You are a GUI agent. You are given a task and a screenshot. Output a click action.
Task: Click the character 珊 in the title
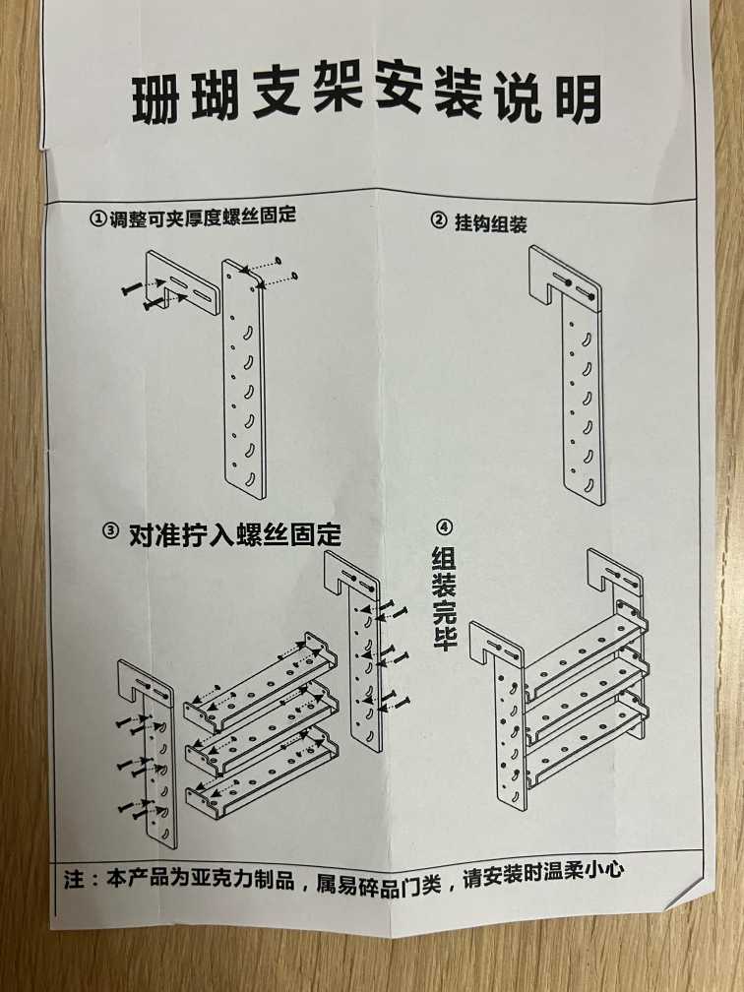(x=156, y=99)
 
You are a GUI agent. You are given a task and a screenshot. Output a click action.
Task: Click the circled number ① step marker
(x=97, y=219)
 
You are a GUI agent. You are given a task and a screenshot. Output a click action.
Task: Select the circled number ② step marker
(x=439, y=219)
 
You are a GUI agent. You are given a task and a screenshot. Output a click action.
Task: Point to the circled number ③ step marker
(x=110, y=530)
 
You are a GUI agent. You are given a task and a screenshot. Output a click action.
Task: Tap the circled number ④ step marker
(x=445, y=527)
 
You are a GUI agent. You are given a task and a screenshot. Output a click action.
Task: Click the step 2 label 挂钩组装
(x=490, y=222)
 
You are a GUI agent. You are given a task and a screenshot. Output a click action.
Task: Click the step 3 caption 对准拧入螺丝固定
(x=234, y=535)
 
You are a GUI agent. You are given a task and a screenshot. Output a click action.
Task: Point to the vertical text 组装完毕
(x=444, y=598)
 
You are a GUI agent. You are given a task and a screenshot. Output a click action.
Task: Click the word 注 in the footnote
(x=74, y=880)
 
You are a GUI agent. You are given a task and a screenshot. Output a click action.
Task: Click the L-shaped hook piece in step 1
(x=181, y=280)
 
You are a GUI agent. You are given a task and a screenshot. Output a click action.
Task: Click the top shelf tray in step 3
(x=260, y=683)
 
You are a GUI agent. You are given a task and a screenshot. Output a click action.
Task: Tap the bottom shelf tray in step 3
(x=262, y=773)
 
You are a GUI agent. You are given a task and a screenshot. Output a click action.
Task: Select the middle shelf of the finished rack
(x=587, y=696)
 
